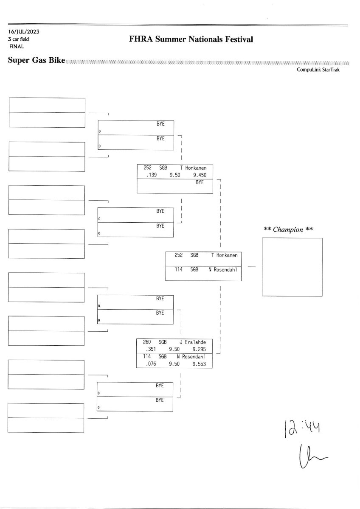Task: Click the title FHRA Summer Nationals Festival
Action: (x=191, y=39)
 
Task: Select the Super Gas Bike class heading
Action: (x=37, y=60)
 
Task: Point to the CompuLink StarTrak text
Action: (x=318, y=70)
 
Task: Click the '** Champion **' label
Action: (x=289, y=229)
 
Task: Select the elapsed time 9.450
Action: (x=200, y=174)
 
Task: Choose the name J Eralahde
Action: (x=195, y=342)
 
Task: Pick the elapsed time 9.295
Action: (x=199, y=349)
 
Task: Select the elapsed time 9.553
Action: (x=199, y=364)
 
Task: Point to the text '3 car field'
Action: (x=18, y=39)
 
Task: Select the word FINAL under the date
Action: (x=16, y=46)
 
